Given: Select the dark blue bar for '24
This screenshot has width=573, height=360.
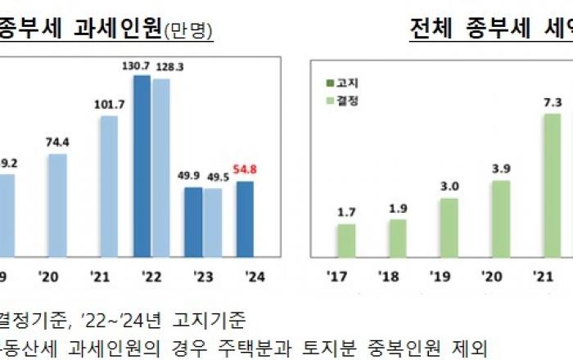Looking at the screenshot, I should click(244, 219).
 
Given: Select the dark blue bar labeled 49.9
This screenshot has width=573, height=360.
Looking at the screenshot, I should click(192, 222).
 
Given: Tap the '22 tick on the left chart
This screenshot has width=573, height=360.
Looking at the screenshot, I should click(151, 276).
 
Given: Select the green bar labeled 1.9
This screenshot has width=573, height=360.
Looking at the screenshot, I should click(398, 238).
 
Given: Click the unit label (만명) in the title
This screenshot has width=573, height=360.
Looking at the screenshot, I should click(189, 31).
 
